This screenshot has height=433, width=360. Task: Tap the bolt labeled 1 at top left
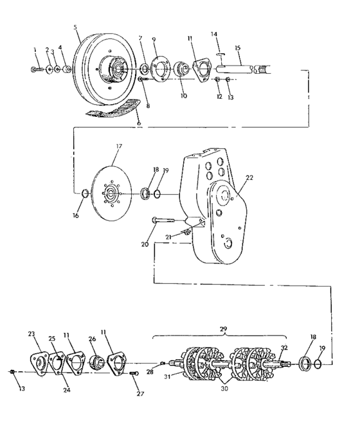(x=36, y=68)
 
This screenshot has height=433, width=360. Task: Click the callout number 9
(x=154, y=40)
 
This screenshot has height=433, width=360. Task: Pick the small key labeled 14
(x=220, y=55)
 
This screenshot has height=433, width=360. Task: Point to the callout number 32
(x=283, y=348)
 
